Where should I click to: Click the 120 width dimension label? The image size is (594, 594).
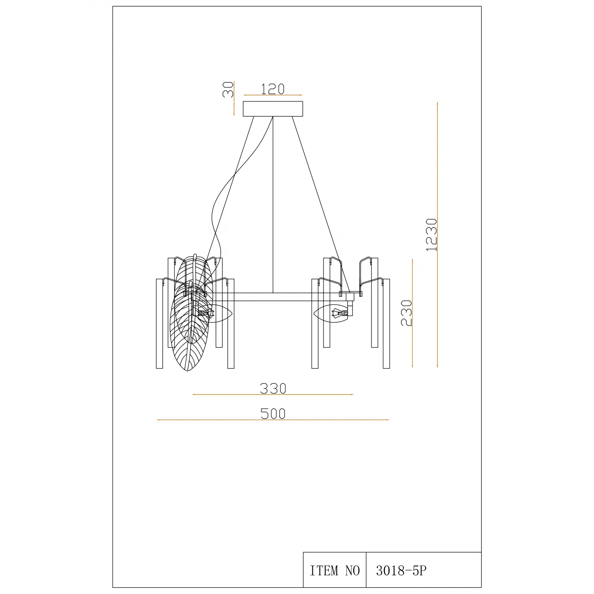[273, 89]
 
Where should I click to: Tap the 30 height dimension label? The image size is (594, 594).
[228, 89]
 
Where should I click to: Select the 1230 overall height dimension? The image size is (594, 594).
[431, 234]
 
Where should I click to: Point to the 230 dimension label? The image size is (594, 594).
[406, 313]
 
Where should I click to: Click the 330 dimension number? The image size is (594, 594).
[273, 388]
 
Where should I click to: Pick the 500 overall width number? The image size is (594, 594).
[273, 413]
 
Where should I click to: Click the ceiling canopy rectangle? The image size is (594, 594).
[273, 109]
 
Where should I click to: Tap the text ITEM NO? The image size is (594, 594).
[335, 571]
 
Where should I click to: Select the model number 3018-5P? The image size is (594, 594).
[401, 571]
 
